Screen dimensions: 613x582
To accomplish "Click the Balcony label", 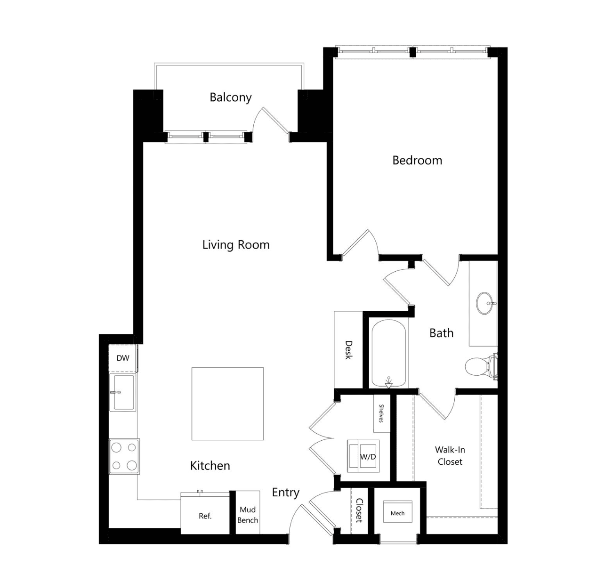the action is (x=230, y=97).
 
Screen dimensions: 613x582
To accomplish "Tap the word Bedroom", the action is (x=417, y=160).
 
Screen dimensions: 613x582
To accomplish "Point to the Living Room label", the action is (x=236, y=245).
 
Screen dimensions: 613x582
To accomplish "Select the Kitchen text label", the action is (x=210, y=466).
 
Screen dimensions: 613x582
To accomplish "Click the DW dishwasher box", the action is (x=123, y=358).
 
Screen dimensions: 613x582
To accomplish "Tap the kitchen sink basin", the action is (x=124, y=392).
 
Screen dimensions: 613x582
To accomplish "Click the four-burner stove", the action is (x=124, y=457).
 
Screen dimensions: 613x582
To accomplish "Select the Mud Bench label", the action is (x=248, y=515).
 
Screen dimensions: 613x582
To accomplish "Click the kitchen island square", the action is (x=227, y=404).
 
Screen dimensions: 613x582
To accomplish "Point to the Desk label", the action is (x=349, y=350).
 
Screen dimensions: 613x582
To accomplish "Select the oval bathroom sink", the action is (x=485, y=303).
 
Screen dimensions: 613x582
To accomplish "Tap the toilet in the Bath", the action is (x=480, y=366).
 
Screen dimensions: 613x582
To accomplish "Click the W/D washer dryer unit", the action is (x=363, y=456).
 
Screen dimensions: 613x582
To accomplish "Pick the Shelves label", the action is (x=381, y=413).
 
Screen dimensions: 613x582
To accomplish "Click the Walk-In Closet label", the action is (x=450, y=456).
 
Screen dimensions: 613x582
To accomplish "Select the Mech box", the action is (x=397, y=513).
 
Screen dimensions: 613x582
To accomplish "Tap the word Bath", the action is (x=442, y=333).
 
